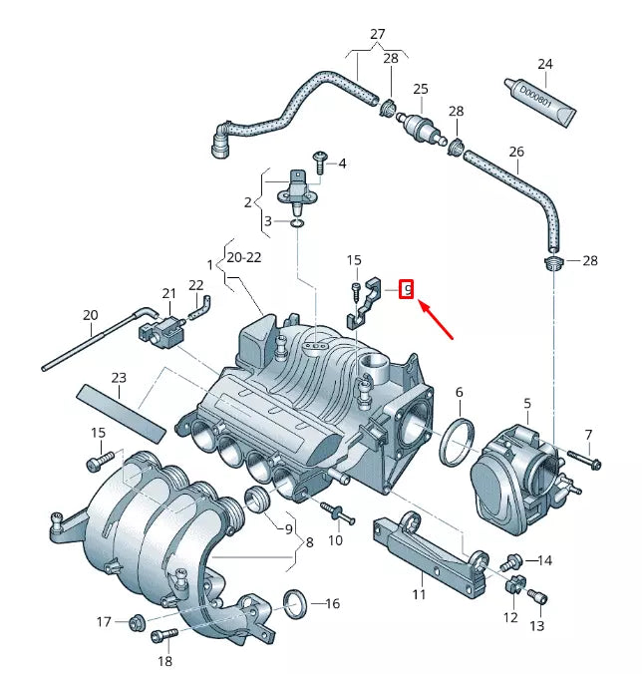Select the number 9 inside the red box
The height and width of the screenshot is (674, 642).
(406, 290)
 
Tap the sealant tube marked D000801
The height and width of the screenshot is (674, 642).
(542, 102)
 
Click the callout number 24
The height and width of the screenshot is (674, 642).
(544, 65)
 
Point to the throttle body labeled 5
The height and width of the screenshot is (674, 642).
(519, 469)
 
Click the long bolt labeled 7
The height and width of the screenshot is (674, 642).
(584, 459)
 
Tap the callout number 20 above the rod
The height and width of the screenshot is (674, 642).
(91, 316)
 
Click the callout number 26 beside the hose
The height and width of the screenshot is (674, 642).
(515, 153)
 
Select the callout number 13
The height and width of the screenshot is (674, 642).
(536, 625)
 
